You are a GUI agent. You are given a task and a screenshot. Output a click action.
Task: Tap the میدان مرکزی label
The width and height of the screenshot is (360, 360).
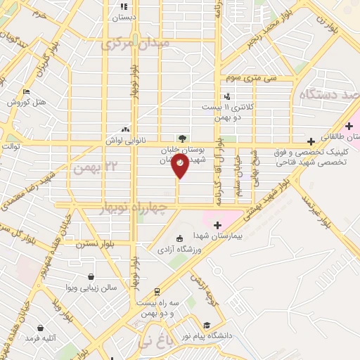point(136,43)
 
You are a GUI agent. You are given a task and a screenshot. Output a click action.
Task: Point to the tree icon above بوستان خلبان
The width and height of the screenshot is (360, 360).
point(182,139)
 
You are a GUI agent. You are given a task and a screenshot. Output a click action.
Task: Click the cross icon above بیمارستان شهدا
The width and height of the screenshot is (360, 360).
point(217,225)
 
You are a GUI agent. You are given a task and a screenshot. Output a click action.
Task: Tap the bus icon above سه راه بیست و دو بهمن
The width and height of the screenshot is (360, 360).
point(157,291)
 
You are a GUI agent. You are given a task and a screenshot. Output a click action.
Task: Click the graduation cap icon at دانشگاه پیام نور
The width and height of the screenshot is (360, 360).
point(207,326)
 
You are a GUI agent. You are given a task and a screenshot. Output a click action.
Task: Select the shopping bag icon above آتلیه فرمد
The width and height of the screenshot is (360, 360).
point(40,328)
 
